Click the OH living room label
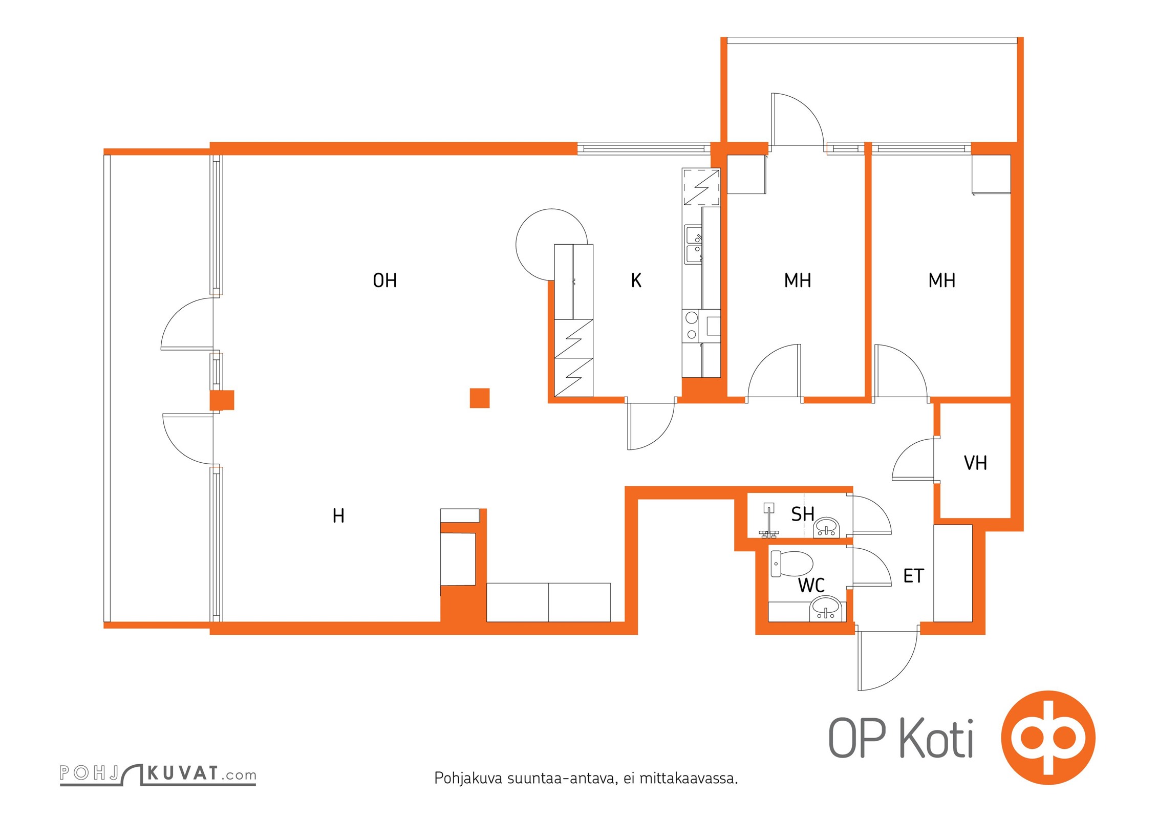[384, 281]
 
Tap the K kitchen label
[636, 281]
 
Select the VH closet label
[975, 463]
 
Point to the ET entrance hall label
[913, 576]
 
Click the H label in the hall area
[338, 515]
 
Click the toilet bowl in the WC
[791, 564]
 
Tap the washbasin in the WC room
[825, 609]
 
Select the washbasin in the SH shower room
[827, 527]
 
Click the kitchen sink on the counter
[694, 244]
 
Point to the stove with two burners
[692, 326]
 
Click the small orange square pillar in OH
[480, 398]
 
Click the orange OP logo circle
[1048, 738]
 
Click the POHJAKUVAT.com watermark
[158, 774]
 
